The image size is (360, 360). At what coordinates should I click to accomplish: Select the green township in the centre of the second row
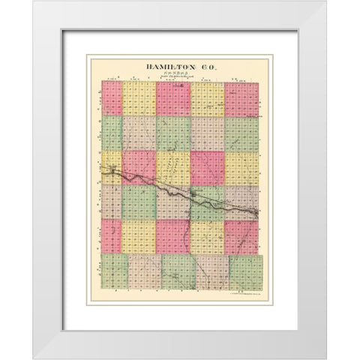tap(174, 133)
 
